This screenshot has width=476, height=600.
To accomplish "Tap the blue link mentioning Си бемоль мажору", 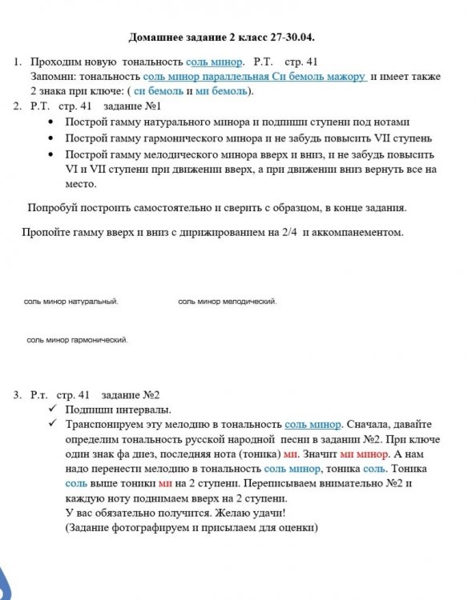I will tap(255, 77).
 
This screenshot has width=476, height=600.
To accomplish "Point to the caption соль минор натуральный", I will tap(71, 302).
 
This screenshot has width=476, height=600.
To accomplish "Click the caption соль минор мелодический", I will tap(228, 302).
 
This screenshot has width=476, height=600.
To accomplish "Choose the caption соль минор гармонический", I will tap(77, 340).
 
